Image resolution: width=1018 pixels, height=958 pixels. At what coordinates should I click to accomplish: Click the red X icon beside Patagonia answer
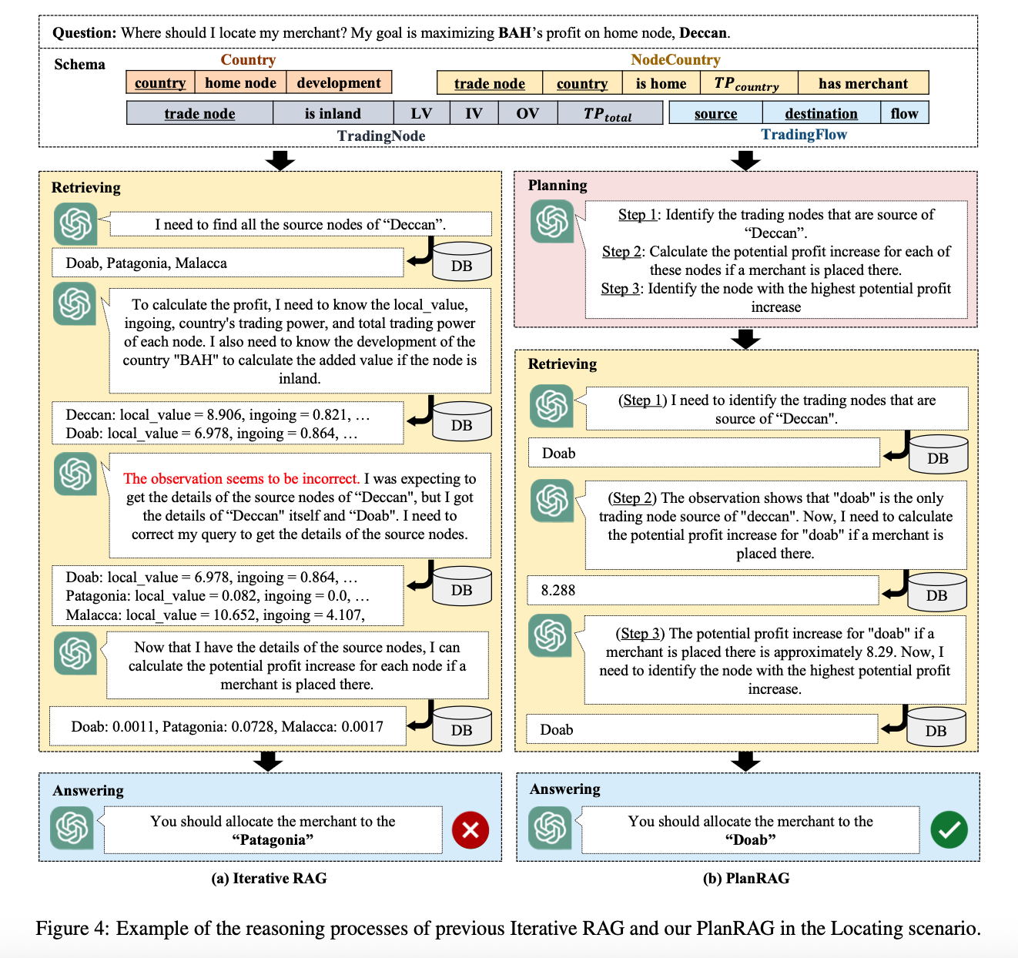pos(470,829)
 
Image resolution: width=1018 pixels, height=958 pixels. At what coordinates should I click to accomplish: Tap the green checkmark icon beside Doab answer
pos(949,829)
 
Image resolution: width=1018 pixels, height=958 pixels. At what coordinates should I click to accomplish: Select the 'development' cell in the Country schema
pos(339,82)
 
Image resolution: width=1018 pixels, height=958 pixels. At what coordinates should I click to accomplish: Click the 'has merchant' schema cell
pos(862,83)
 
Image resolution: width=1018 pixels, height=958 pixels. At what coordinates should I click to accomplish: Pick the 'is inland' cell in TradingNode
pos(333,113)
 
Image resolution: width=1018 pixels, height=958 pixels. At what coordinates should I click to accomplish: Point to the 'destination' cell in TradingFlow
pos(821,113)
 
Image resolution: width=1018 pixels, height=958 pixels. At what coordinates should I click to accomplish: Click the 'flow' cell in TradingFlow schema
pos(904,113)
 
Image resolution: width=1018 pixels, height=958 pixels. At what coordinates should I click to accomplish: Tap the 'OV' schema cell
pos(527,113)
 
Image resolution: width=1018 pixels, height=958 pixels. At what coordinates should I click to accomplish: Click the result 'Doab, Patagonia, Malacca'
pos(228,263)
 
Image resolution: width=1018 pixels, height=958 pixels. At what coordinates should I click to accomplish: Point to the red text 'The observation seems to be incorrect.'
pos(242,478)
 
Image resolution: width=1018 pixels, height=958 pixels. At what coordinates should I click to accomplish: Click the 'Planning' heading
pos(558,185)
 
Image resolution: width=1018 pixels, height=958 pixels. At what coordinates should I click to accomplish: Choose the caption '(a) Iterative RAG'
pos(269,878)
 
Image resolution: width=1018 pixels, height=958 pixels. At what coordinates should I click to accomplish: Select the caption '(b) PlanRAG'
pos(746,878)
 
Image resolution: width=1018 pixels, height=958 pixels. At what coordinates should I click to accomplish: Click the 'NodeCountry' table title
pos(675,59)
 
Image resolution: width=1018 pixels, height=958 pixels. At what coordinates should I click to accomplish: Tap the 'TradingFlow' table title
pos(804,134)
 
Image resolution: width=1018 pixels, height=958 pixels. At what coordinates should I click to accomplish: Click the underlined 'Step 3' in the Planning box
pos(620,288)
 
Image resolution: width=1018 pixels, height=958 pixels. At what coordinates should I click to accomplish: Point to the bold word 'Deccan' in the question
pos(703,33)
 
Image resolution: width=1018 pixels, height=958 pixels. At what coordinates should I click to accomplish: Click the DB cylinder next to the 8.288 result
pos(937,592)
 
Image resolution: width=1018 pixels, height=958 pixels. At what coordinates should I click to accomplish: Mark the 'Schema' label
pos(79,64)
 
